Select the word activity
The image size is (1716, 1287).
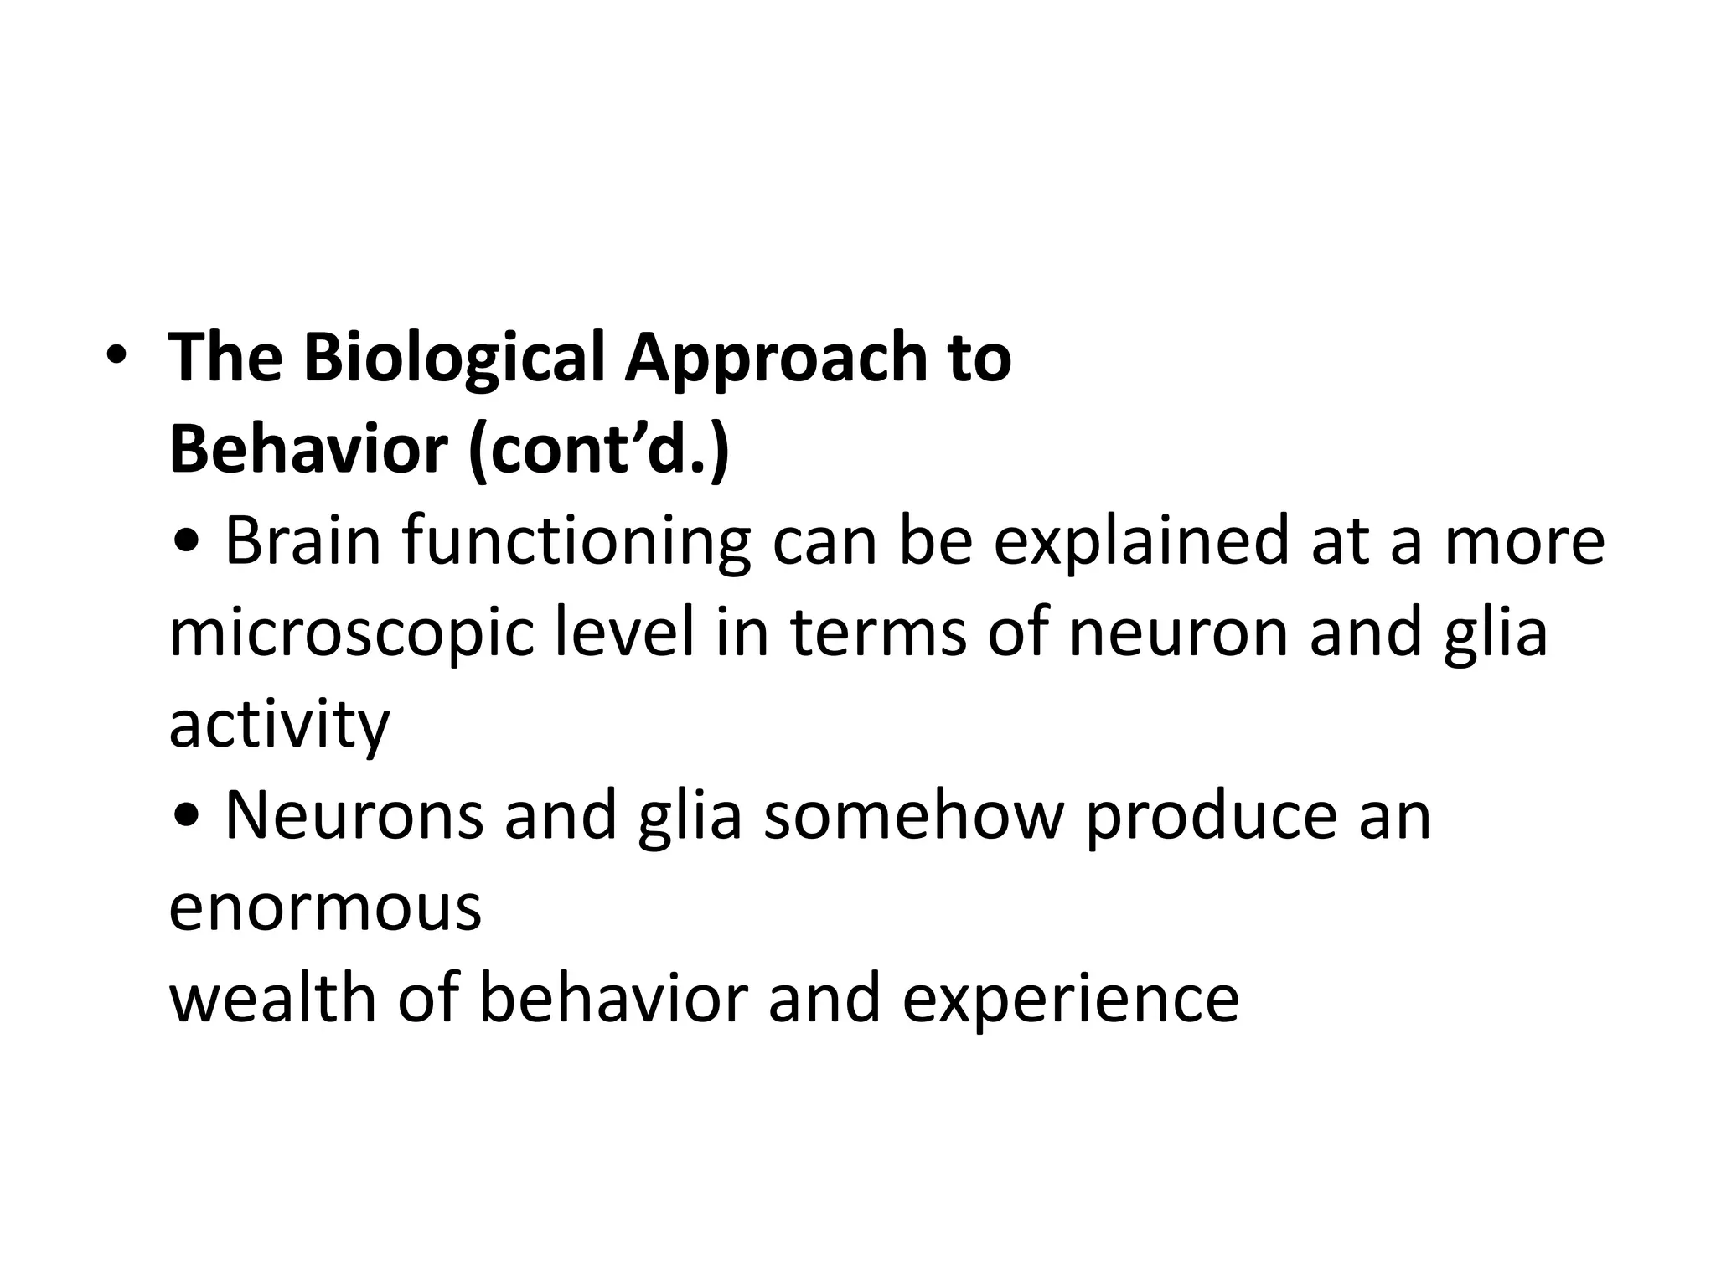[x=279, y=726]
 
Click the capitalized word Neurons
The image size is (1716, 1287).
[x=354, y=816]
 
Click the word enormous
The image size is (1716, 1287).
[x=325, y=908]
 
